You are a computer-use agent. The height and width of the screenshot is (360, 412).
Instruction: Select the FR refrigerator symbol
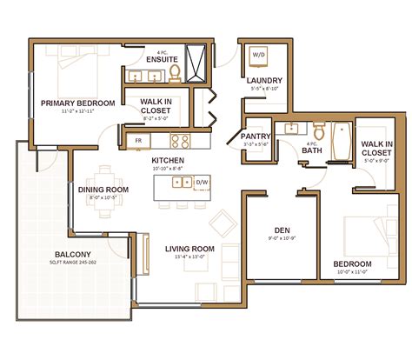137,139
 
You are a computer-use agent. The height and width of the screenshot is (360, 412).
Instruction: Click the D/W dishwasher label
203,183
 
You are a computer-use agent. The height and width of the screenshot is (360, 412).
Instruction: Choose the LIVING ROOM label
189,248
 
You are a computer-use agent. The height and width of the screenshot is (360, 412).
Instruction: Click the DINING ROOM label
103,189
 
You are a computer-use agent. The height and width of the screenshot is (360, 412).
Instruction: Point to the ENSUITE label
161,59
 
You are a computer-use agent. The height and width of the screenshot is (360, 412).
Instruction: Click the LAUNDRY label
262,80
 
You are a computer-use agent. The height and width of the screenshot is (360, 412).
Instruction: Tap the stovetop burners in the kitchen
181,139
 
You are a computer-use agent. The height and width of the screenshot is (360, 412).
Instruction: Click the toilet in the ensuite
174,72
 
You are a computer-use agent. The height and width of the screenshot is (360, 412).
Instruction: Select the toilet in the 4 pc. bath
319,132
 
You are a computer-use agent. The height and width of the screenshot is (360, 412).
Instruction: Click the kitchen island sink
182,183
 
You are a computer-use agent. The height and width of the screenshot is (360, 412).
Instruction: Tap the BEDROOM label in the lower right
352,263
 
